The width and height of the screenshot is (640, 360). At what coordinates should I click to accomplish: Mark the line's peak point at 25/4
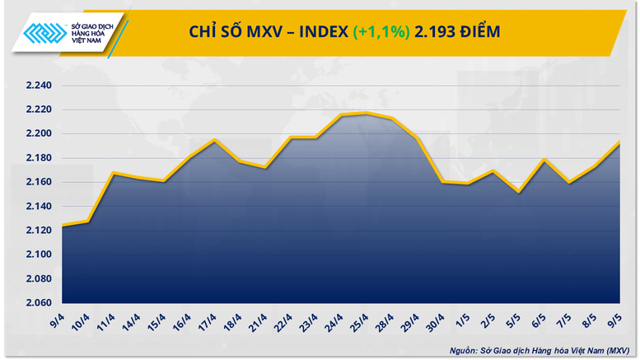[366, 113]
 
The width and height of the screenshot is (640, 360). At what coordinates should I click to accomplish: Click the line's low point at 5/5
[518, 192]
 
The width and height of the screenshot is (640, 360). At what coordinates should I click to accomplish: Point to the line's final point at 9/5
[619, 142]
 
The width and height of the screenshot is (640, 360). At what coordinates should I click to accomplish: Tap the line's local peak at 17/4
[213, 140]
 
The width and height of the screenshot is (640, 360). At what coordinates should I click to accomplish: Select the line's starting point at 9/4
[62, 225]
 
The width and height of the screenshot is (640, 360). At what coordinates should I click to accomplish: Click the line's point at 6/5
[544, 160]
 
